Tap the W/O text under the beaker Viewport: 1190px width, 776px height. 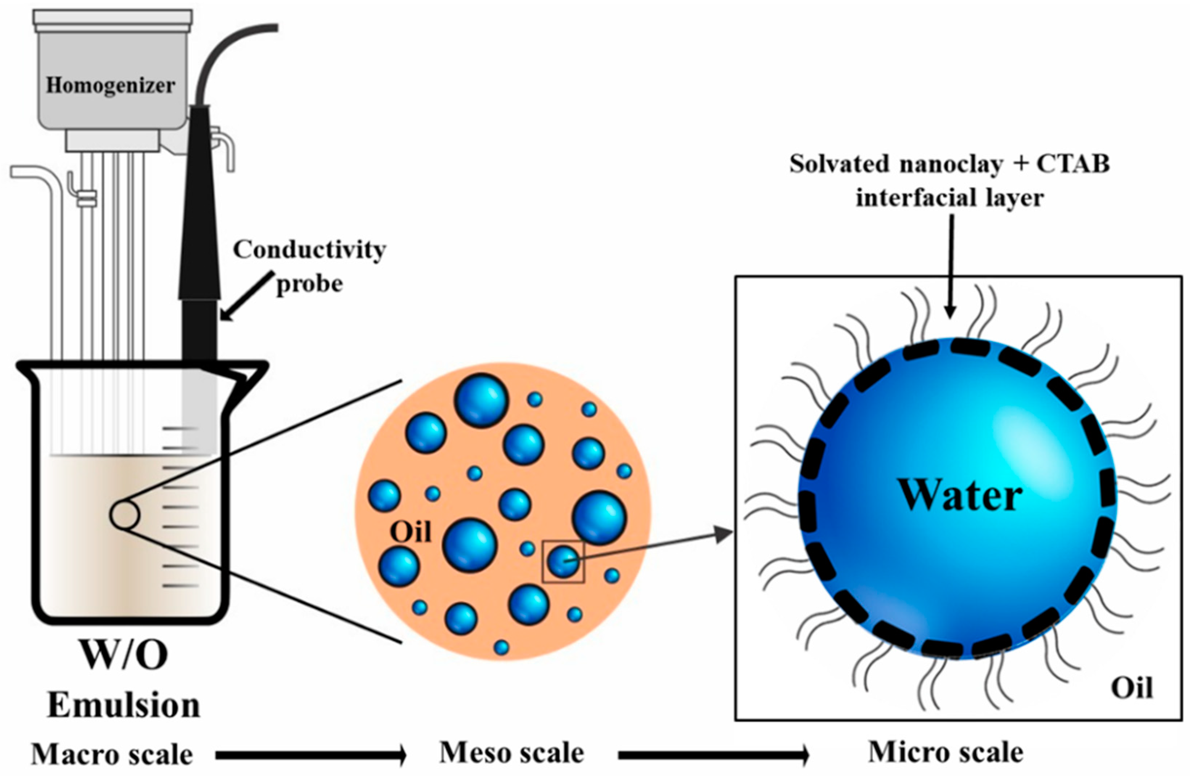pyautogui.click(x=124, y=654)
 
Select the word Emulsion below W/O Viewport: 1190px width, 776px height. pyautogui.click(x=124, y=706)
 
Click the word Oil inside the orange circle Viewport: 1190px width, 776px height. pyautogui.click(x=410, y=532)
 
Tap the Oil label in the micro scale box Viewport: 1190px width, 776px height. pyautogui.click(x=1132, y=688)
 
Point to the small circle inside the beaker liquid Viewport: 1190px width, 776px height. pyautogui.click(x=124, y=515)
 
